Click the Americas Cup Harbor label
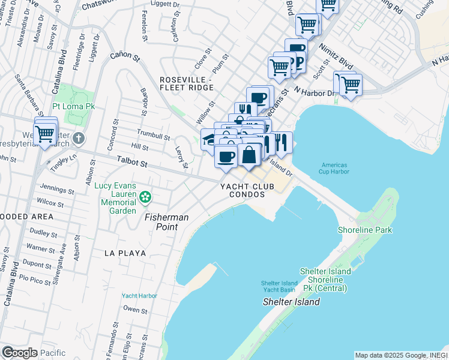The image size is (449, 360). (x=335, y=168)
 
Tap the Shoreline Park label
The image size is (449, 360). (x=385, y=230)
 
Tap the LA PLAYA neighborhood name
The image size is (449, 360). (x=125, y=253)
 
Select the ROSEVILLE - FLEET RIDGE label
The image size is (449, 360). (x=186, y=84)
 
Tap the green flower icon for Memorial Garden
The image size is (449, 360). (x=145, y=196)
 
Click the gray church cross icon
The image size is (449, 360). (x=78, y=139)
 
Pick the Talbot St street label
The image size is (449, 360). (x=132, y=162)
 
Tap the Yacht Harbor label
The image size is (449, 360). (x=139, y=296)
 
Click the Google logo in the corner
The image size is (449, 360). (x=19, y=353)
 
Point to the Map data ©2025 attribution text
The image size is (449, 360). (x=401, y=355)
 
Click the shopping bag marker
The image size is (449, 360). (x=249, y=155)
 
